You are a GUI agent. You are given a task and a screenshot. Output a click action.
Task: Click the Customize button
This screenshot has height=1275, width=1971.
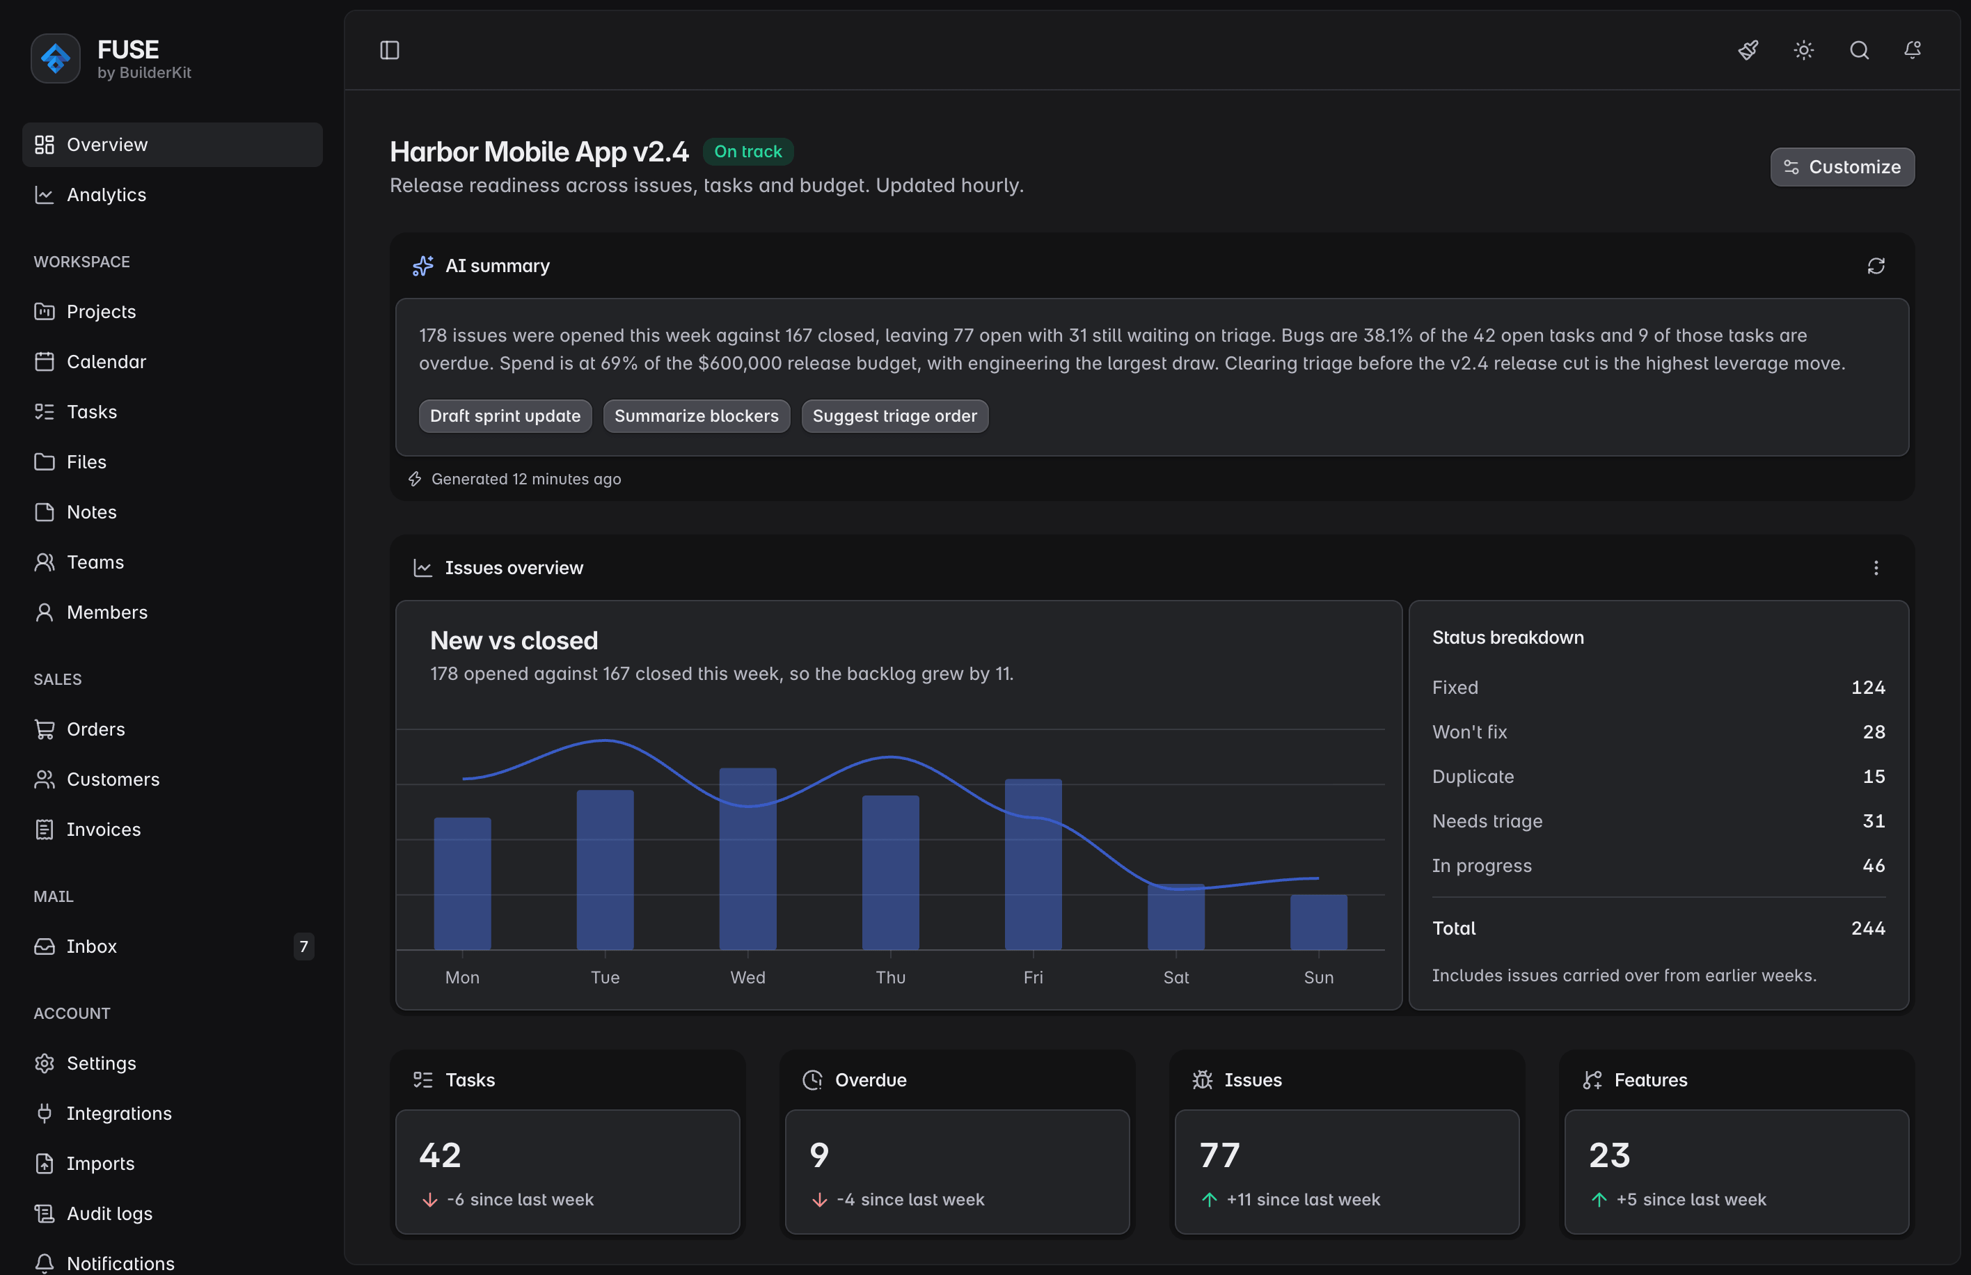tap(1842, 167)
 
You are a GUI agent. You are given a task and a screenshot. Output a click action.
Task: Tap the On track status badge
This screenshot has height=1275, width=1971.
tap(748, 152)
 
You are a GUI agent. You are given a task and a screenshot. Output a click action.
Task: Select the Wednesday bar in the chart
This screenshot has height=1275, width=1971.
tap(747, 859)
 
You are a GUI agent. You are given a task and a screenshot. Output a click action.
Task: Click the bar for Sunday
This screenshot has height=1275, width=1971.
tap(1319, 922)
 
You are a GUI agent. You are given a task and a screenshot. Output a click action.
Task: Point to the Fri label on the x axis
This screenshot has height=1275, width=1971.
tap(1033, 977)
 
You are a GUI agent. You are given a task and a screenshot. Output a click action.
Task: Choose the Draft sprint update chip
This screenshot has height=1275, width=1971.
tap(505, 415)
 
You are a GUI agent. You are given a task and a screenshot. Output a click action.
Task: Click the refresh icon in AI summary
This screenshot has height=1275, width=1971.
tap(1876, 266)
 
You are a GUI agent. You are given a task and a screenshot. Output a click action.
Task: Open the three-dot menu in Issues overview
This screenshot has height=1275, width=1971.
tap(1876, 568)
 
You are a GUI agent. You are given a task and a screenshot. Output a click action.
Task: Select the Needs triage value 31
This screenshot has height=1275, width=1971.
tap(1874, 821)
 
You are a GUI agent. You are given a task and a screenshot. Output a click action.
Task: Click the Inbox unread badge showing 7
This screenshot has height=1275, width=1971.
tap(304, 947)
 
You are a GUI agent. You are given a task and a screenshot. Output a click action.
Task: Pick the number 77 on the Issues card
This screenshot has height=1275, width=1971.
tap(1219, 1155)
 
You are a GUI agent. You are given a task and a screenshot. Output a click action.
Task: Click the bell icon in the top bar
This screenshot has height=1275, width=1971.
tap(1913, 51)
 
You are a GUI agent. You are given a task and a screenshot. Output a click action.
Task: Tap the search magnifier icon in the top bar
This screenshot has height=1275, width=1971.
tap(1859, 51)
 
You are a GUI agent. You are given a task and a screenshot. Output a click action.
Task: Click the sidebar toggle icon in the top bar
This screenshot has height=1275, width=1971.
tap(389, 51)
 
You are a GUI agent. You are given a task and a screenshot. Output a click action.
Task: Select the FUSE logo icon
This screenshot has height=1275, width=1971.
tap(56, 58)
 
